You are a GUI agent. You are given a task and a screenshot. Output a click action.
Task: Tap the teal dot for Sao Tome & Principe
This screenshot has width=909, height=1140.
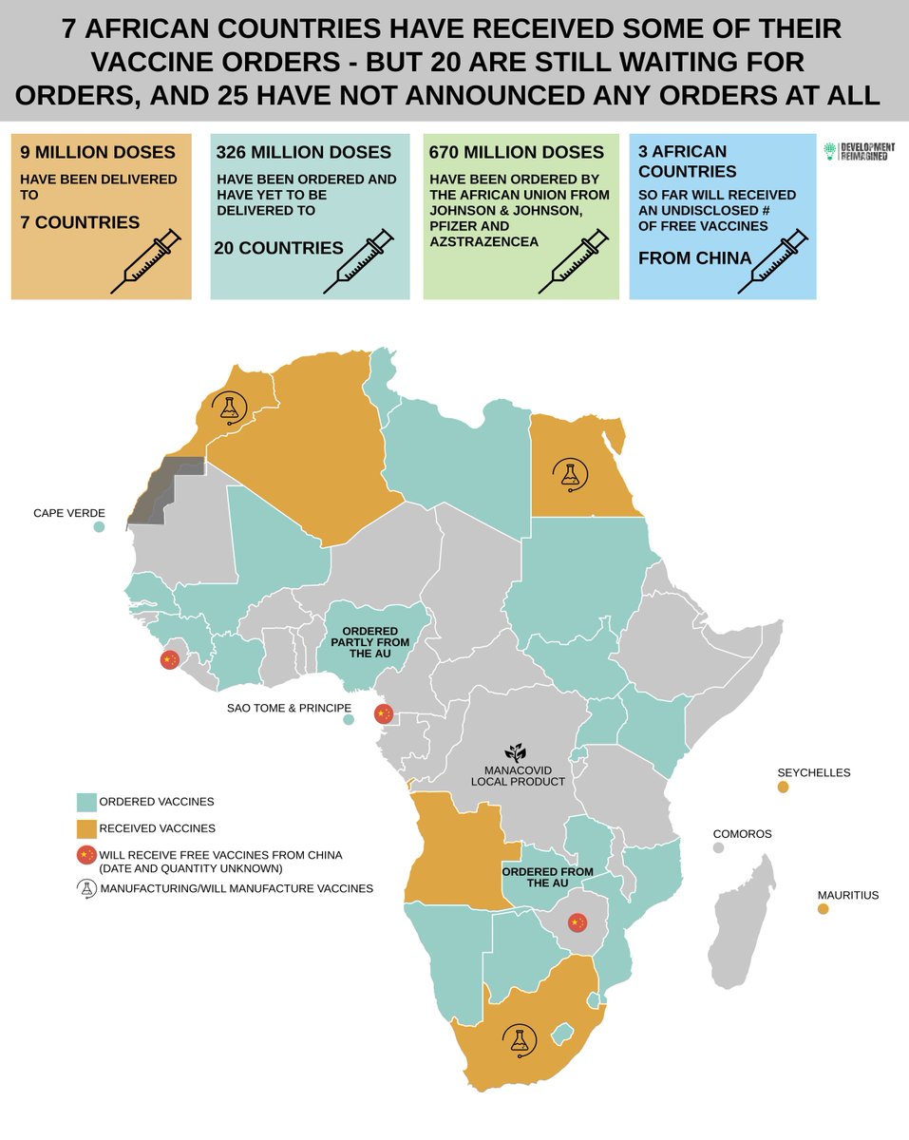[349, 720]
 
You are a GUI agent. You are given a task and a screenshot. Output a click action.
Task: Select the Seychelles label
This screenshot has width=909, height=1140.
[813, 772]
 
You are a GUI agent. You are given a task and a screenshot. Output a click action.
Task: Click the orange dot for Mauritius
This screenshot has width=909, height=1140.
[823, 909]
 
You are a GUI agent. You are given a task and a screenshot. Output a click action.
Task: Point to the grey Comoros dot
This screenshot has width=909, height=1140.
[719, 846]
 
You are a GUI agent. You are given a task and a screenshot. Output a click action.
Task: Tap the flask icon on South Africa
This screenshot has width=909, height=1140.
[519, 1040]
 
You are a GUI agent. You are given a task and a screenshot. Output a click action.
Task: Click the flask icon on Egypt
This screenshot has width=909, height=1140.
[570, 472]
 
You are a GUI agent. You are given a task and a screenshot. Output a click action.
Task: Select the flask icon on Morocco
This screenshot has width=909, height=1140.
[228, 407]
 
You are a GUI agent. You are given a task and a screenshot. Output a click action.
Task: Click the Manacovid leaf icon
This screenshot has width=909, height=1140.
[514, 752]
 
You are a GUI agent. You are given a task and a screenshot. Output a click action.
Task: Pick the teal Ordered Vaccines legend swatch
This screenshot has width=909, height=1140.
[87, 801]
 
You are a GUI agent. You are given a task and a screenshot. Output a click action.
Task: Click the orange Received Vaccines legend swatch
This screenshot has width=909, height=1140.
[87, 827]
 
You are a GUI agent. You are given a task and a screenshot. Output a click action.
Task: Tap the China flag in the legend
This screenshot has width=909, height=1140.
[87, 858]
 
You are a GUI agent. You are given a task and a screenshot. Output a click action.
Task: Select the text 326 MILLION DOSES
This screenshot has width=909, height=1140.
[290, 152]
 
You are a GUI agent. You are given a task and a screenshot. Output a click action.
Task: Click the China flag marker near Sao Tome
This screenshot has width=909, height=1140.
[384, 713]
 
